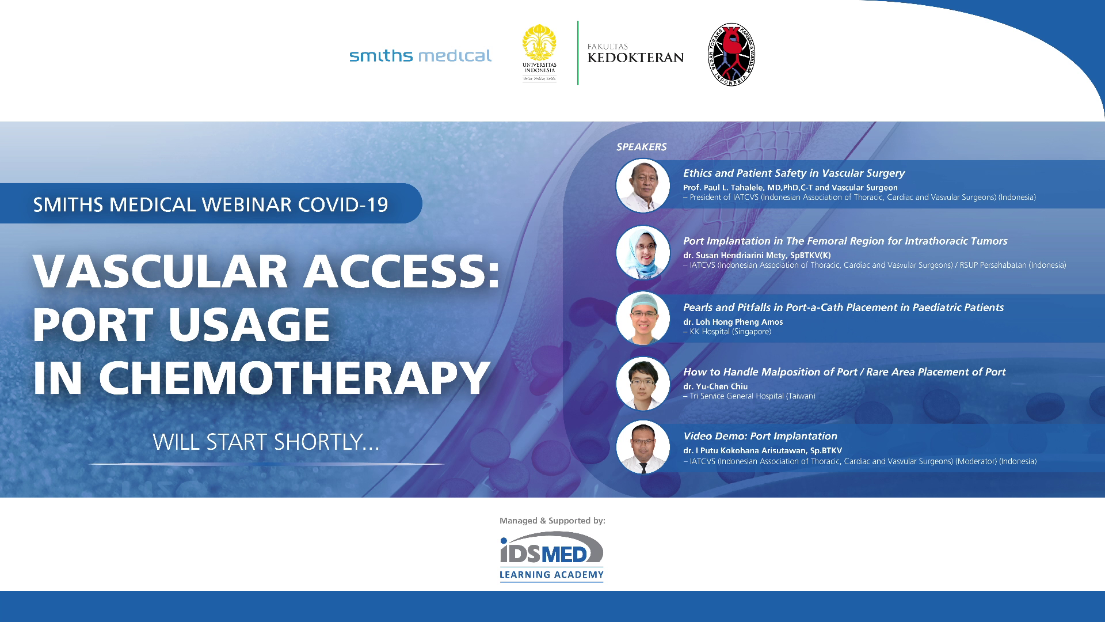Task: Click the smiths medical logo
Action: click(420, 55)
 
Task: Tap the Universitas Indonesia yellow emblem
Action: click(539, 43)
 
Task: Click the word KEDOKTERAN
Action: click(635, 58)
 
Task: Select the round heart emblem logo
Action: click(731, 55)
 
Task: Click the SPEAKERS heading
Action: click(641, 147)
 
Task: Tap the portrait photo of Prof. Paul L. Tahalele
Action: click(643, 185)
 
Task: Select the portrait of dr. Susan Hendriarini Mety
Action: click(643, 252)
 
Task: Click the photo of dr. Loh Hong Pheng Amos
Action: click(643, 318)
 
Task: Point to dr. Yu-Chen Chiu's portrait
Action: click(643, 384)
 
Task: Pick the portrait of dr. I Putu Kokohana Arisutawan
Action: click(643, 447)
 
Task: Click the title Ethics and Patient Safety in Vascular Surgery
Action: click(794, 173)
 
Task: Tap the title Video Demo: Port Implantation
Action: click(760, 437)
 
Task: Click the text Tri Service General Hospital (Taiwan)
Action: click(752, 396)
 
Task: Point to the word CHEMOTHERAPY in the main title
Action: click(294, 378)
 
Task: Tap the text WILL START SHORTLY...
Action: click(266, 442)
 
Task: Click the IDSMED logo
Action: click(551, 547)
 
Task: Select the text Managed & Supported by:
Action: click(552, 521)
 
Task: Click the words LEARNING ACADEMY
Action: click(551, 575)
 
